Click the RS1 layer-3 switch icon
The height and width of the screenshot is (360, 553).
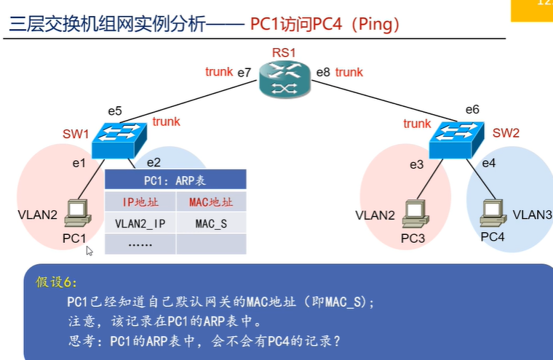point(285,80)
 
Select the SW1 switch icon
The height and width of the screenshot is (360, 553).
point(119,140)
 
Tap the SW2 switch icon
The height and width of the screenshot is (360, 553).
point(457,140)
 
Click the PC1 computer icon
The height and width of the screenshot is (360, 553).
point(78,213)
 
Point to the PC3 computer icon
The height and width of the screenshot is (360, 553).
point(415,214)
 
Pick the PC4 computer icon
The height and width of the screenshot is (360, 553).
point(493,212)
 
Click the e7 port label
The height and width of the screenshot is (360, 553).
point(244,73)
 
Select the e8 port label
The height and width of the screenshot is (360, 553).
point(323,72)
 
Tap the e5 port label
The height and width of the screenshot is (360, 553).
point(115,111)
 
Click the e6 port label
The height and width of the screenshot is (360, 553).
point(472,109)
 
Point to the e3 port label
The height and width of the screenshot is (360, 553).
point(416,164)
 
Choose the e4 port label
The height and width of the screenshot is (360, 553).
point(489,163)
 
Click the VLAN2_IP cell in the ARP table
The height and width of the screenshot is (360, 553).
point(140,223)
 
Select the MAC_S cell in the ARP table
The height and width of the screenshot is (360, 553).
point(211,223)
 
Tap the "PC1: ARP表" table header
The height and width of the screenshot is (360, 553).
point(175,180)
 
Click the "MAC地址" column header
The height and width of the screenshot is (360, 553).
point(211,202)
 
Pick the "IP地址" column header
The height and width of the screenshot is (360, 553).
point(140,202)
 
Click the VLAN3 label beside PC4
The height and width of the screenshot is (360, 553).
point(532,215)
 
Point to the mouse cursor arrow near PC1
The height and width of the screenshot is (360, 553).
point(89,251)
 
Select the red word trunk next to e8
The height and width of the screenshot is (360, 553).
point(349,72)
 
